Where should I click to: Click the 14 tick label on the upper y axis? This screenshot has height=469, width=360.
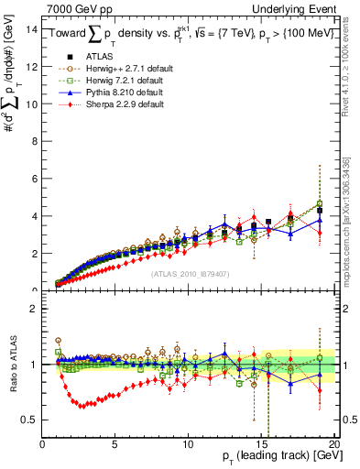[x=31, y=28]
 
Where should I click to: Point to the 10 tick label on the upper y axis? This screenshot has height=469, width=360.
[x=31, y=104]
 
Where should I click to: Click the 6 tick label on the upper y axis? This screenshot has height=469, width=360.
[x=34, y=179]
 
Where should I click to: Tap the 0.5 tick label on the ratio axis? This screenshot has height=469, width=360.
[x=29, y=420]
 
